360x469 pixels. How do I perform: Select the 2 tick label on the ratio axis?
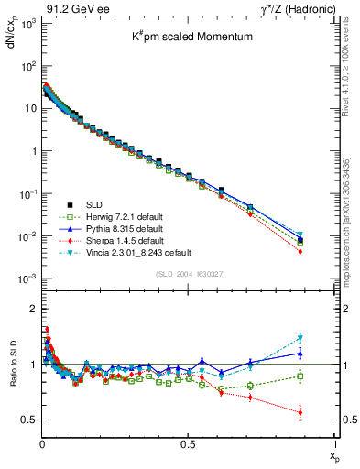(31, 309)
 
